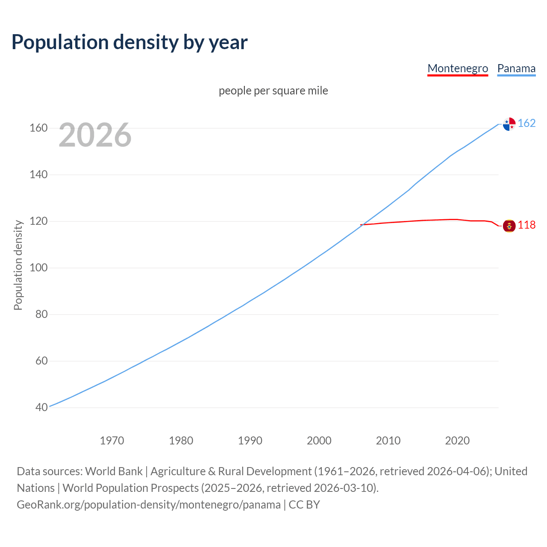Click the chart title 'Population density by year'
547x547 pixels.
(x=129, y=42)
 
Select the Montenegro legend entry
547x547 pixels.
(x=458, y=68)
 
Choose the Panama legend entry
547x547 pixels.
(x=516, y=68)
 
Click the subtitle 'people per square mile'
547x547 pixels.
(x=273, y=91)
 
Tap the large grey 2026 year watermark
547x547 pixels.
(x=95, y=135)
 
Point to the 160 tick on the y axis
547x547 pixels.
(x=38, y=128)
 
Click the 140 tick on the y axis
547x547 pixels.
(x=38, y=175)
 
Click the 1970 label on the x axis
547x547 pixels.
(x=112, y=441)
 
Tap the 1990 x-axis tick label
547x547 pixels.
(x=250, y=441)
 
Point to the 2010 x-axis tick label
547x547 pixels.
(x=388, y=441)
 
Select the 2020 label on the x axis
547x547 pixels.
(x=457, y=441)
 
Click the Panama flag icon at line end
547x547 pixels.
(x=509, y=124)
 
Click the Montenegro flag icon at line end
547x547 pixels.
(x=509, y=226)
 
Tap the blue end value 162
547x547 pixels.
(x=526, y=124)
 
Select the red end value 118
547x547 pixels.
(x=526, y=225)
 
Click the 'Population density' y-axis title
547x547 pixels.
(x=18, y=265)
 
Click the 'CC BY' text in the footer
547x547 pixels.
(x=304, y=505)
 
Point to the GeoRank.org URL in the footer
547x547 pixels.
(x=149, y=505)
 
